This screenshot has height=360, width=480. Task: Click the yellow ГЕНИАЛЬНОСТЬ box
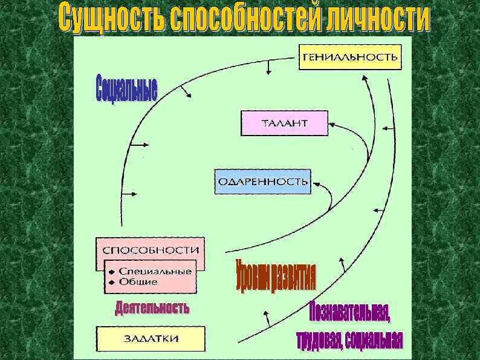(x=350, y=57)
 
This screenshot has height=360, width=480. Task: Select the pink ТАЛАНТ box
(x=284, y=123)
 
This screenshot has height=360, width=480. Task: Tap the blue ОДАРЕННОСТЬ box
(x=263, y=182)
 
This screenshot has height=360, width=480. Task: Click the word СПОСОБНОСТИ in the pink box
(x=151, y=250)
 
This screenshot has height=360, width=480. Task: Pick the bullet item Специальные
(x=155, y=271)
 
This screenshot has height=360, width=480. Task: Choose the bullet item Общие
(x=138, y=281)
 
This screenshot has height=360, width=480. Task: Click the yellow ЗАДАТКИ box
(x=151, y=338)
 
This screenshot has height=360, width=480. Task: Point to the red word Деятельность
(x=152, y=308)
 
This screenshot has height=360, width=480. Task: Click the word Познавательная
(x=349, y=312)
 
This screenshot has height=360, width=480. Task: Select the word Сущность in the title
(x=102, y=19)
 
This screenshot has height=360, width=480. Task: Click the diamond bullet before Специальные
(x=111, y=272)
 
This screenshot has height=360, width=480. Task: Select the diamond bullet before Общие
(x=111, y=282)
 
